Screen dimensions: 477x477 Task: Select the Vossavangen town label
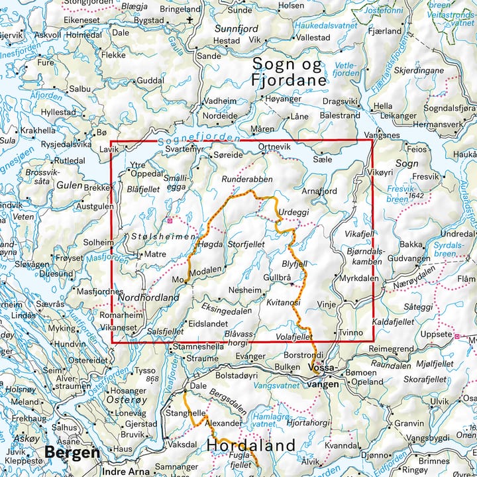[x=325, y=376]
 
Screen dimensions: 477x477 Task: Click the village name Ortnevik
[x=274, y=146]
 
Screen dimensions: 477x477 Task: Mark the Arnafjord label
[x=319, y=190]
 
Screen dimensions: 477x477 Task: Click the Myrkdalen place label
[x=358, y=279]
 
